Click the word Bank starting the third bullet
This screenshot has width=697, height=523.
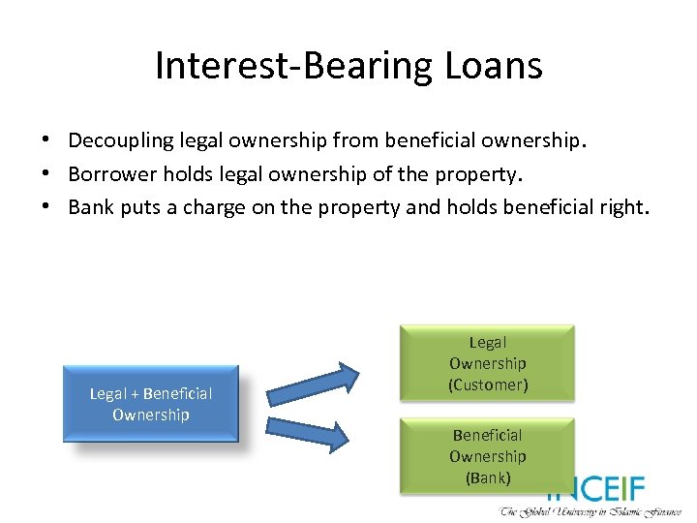pyautogui.click(x=90, y=207)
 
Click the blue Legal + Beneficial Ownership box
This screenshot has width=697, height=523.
pyautogui.click(x=150, y=404)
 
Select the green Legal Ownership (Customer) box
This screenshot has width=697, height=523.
pyautogui.click(x=487, y=362)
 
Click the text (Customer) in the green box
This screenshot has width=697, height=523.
pyautogui.click(x=487, y=385)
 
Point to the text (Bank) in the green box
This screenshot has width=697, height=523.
pyautogui.click(x=487, y=477)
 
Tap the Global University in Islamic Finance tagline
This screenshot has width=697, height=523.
pyautogui.click(x=591, y=511)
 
